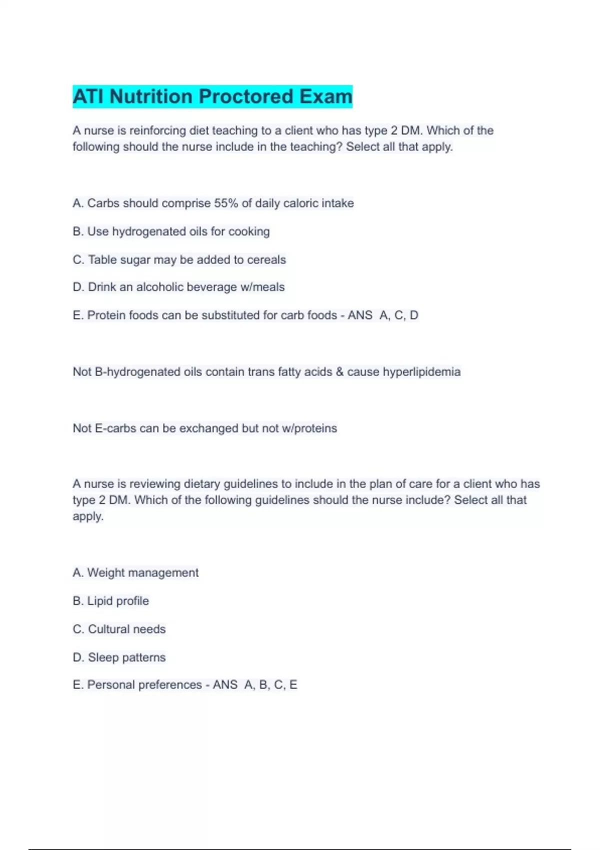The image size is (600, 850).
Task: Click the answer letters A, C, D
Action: click(x=399, y=315)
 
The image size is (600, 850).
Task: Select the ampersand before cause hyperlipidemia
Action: click(x=340, y=371)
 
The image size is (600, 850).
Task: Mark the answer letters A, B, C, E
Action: click(x=270, y=684)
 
